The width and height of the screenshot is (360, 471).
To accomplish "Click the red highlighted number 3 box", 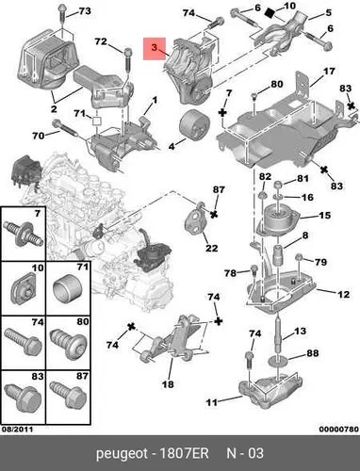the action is click(x=155, y=48).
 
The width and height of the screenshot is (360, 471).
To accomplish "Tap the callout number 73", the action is click(x=85, y=11).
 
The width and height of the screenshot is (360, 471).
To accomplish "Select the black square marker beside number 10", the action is click(x=270, y=13).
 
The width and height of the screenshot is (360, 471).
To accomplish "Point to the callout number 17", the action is click(x=329, y=72).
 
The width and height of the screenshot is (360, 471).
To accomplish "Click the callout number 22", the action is click(x=211, y=249).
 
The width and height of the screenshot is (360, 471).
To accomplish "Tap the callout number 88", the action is click(x=313, y=353).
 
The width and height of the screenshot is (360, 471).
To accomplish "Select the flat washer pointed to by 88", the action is click(x=278, y=358).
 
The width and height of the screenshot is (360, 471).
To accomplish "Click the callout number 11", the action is click(x=211, y=402).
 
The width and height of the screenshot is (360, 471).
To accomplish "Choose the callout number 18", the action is click(x=168, y=384).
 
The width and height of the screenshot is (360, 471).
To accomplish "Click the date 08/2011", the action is click(x=18, y=429).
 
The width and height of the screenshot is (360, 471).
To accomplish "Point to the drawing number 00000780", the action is click(x=338, y=429).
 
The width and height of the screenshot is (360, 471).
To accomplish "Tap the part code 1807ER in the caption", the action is click(x=184, y=453).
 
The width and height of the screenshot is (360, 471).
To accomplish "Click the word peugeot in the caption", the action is click(x=122, y=454).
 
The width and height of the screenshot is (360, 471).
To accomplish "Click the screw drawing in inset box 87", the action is click(x=68, y=395).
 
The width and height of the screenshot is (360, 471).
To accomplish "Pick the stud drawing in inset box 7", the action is click(x=24, y=236).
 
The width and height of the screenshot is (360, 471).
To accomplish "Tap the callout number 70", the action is click(x=38, y=136).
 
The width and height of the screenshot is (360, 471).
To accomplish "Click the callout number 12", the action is click(x=344, y=294).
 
